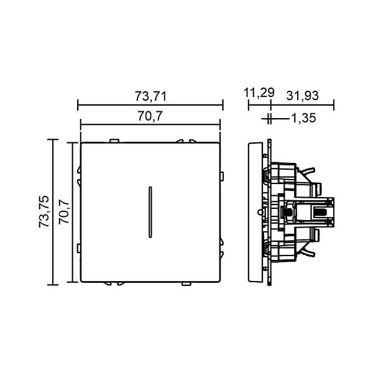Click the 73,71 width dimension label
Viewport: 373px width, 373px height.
(150, 96)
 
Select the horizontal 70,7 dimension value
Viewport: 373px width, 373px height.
(150, 116)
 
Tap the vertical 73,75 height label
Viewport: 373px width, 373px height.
(44, 211)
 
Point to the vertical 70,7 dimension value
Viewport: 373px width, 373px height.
(64, 211)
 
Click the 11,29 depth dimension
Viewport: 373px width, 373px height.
(259, 93)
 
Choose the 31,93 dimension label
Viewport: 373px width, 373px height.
(302, 96)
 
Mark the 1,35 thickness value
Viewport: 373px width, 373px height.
(304, 118)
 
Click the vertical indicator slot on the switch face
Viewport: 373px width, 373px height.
(150, 212)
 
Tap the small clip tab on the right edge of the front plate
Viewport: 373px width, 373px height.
(222, 177)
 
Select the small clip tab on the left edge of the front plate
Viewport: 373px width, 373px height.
(78, 248)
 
